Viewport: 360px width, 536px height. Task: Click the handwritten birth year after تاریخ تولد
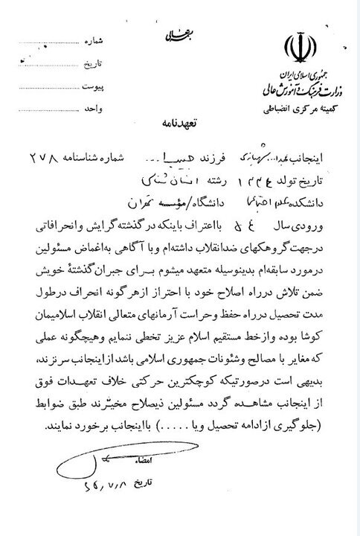pyautogui.click(x=260, y=179)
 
